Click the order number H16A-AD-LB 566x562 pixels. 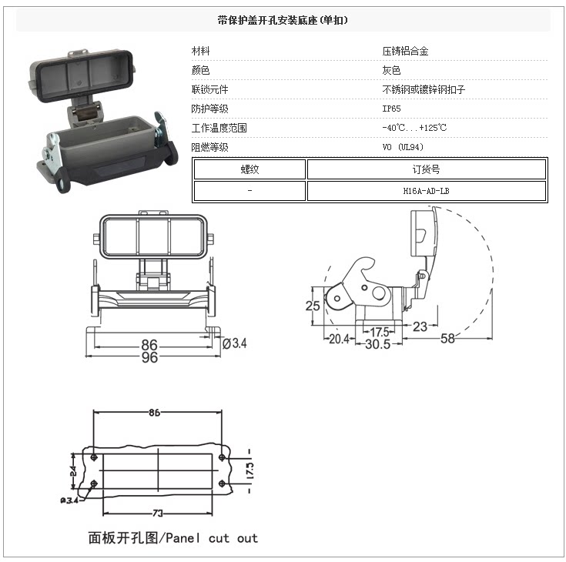coord(426,190)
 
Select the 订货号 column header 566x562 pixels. coord(426,169)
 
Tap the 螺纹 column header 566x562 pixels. coord(250,169)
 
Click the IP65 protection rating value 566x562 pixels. coord(391,109)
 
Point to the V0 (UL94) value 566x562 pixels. coord(403,146)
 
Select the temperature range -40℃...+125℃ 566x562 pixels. coord(414,128)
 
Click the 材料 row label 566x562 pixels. coord(201,52)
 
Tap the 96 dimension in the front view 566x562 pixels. coord(150,358)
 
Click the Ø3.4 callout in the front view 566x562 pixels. coord(234,343)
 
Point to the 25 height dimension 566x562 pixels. coord(312,306)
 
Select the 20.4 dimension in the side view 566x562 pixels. coord(339,339)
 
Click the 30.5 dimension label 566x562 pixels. coord(377,344)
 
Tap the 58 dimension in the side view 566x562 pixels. coord(447,339)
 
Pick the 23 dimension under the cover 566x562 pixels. coord(420,326)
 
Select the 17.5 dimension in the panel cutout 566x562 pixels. coord(250,468)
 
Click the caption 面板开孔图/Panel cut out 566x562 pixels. coord(172,538)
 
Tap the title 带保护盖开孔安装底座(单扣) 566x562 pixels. coord(283,21)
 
